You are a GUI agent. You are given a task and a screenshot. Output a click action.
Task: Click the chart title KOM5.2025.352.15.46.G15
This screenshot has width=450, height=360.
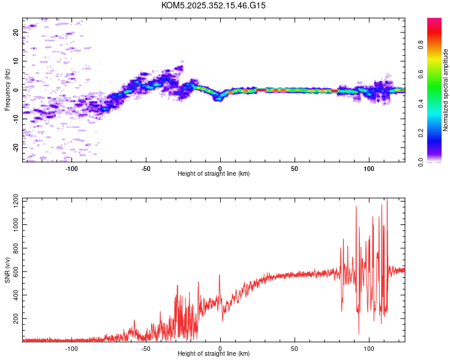(x=214, y=5)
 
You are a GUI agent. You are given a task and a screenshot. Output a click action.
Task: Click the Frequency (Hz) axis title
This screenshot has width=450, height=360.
(x=7, y=90)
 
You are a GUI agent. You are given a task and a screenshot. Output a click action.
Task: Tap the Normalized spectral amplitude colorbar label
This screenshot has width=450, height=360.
(x=446, y=90)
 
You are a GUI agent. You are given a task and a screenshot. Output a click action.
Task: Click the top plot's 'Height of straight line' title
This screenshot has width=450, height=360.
(x=214, y=174)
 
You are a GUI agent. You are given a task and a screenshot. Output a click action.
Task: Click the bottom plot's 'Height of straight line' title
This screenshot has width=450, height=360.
(x=214, y=354)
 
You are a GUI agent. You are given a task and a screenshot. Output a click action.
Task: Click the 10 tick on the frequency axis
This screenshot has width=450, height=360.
(x=16, y=61)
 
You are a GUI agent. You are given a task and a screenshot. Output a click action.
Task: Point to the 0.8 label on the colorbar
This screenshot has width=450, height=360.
(x=421, y=44)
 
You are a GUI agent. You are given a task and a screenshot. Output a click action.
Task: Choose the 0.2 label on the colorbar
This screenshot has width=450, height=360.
(x=421, y=133)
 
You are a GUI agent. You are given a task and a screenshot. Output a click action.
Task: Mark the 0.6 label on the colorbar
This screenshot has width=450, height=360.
(x=421, y=74)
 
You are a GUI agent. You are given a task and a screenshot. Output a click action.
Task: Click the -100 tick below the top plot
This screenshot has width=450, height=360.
(x=72, y=168)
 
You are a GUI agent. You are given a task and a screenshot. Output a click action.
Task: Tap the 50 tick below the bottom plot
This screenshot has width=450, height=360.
(x=295, y=348)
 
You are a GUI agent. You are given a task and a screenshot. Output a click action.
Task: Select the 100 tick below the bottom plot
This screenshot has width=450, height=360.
(x=368, y=348)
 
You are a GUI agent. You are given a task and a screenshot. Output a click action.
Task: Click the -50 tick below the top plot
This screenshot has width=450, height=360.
(x=146, y=168)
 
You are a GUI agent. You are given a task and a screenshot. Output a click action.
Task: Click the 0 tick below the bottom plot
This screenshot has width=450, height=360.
(x=220, y=348)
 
